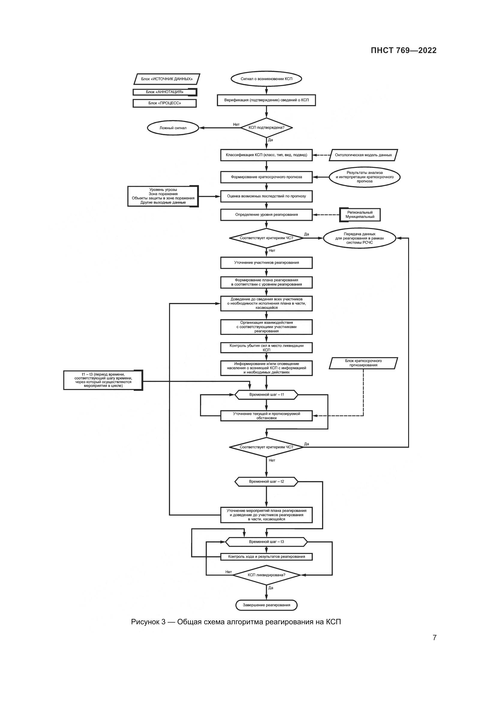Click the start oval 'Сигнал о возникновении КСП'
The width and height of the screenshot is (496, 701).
266,79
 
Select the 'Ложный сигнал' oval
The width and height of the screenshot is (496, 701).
173,128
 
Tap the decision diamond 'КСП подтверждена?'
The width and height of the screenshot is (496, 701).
266,128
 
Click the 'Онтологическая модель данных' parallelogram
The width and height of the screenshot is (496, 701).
363,155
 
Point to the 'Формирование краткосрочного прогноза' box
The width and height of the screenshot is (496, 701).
266,177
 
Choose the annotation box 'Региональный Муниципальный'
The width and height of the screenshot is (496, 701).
360,215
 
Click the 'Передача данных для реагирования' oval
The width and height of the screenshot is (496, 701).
360,238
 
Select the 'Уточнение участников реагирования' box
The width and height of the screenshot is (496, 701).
266,263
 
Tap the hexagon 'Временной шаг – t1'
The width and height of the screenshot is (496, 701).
266,395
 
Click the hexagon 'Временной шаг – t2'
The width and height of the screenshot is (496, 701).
266,482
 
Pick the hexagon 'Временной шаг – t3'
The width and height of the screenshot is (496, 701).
266,542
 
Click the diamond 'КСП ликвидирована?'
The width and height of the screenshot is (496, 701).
266,575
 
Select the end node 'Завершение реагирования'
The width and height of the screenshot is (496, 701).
266,605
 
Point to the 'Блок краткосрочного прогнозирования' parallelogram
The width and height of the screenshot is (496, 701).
363,363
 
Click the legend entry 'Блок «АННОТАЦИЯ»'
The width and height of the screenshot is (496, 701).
165,92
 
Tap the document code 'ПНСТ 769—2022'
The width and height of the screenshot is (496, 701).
403,50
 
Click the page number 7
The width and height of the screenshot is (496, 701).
434,637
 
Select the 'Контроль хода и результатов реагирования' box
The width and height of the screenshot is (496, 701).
266,557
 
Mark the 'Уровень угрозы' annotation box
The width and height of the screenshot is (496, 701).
163,196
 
